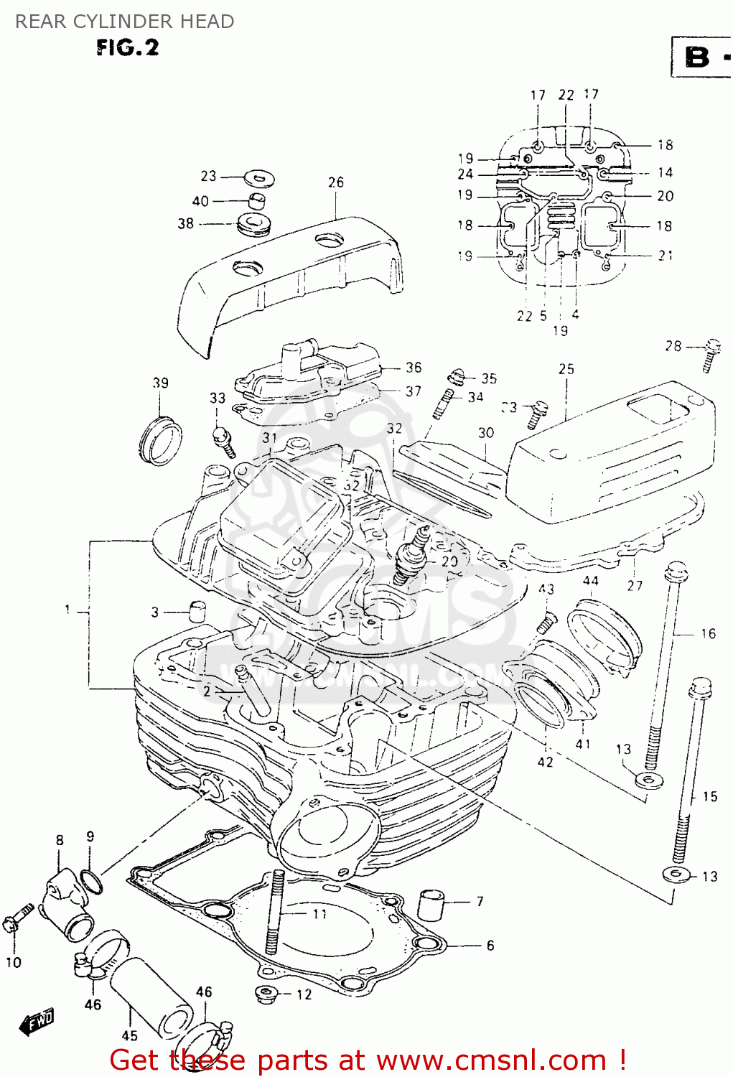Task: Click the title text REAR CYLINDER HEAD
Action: coord(124,22)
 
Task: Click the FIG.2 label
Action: coord(127,48)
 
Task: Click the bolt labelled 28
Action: coord(711,354)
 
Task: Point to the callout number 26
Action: coord(336,182)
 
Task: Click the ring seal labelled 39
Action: coord(160,439)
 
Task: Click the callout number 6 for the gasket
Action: coord(490,945)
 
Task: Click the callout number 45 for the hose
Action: coord(129,1035)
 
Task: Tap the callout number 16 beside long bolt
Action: coord(708,633)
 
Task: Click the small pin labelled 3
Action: coord(196,611)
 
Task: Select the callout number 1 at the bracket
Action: coord(67,610)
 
